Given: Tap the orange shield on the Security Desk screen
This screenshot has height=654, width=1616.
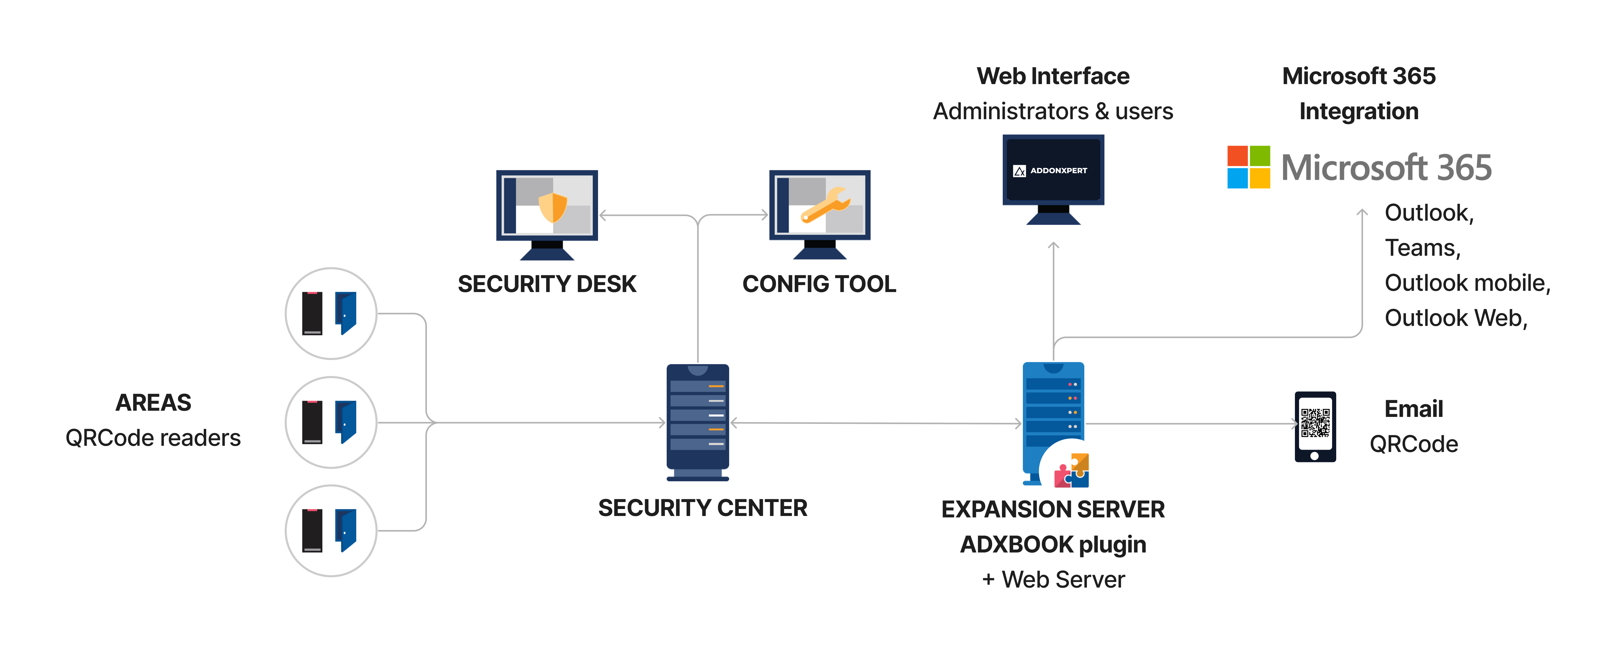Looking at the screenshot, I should point(553,207).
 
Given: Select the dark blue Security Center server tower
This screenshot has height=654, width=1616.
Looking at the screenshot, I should point(698,421).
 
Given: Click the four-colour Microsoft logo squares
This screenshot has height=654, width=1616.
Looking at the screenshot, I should point(1248,167).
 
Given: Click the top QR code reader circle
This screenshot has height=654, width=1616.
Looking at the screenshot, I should point(331,313).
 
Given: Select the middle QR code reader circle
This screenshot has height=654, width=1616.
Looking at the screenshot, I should point(331,422).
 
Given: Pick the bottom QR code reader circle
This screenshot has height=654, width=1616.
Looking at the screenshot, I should point(331,530).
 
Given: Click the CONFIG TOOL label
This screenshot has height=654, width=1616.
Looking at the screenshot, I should point(819,284).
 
